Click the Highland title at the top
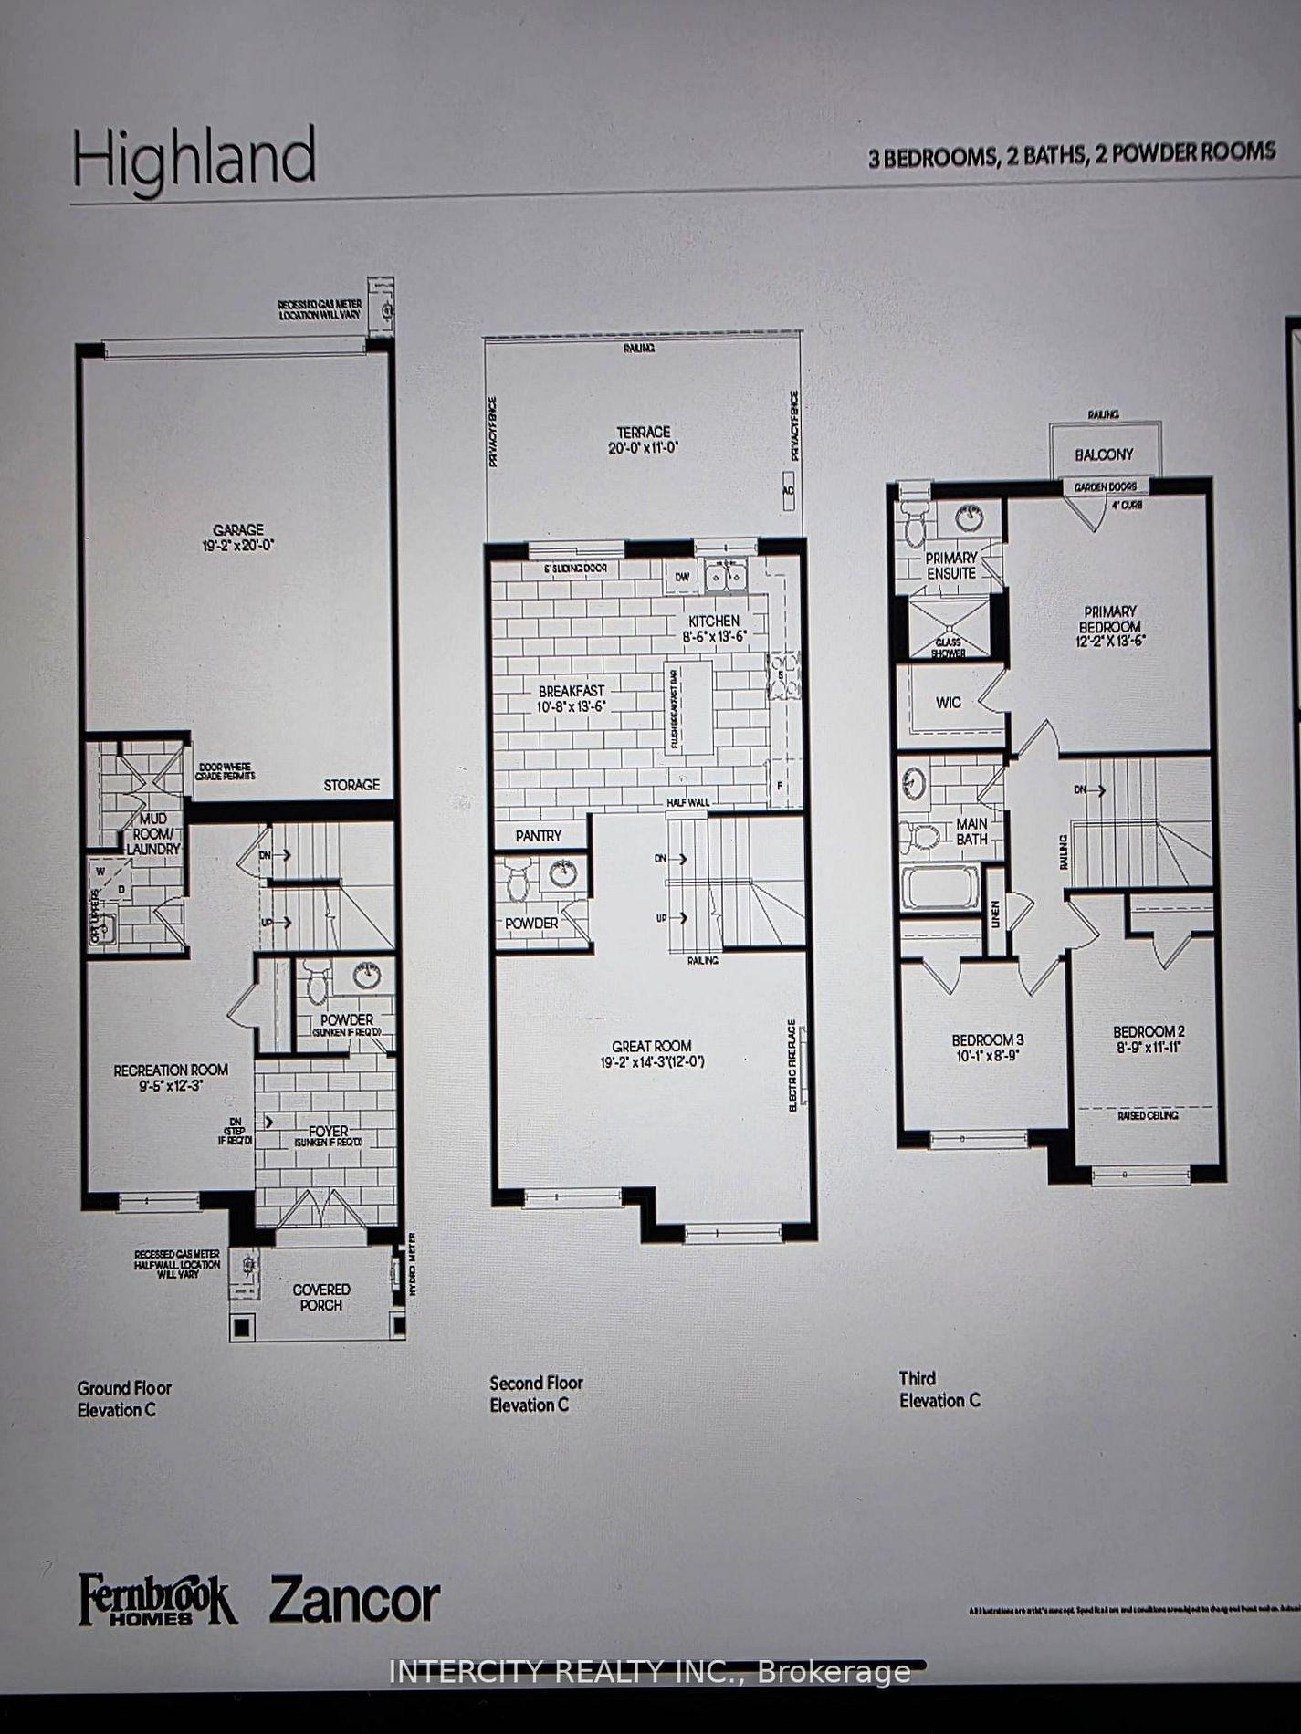coord(194,161)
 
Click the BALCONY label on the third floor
coord(1104,454)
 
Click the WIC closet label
coord(949,703)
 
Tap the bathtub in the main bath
coord(939,887)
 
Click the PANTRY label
coord(539,835)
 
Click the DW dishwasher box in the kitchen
coord(682,577)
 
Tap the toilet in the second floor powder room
coord(518,882)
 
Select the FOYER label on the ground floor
coord(328,1132)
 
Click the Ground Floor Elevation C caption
coord(123,1398)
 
